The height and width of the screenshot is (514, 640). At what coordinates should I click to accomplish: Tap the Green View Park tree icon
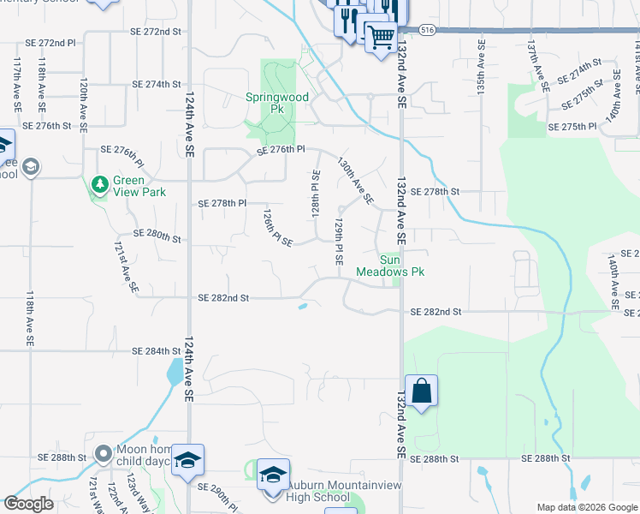click(x=100, y=183)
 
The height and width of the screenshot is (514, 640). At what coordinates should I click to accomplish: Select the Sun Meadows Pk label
click(x=402, y=265)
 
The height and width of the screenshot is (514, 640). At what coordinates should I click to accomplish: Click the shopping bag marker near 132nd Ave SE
click(x=421, y=391)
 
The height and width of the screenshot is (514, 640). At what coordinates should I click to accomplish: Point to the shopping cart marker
click(x=380, y=36)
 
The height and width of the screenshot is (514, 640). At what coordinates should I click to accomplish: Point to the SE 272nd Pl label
click(x=51, y=42)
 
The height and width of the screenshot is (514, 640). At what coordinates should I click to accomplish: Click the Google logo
click(x=28, y=504)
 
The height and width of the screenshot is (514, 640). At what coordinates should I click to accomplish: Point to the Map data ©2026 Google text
click(x=586, y=507)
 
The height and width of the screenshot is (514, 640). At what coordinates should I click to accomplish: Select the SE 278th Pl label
click(x=222, y=204)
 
